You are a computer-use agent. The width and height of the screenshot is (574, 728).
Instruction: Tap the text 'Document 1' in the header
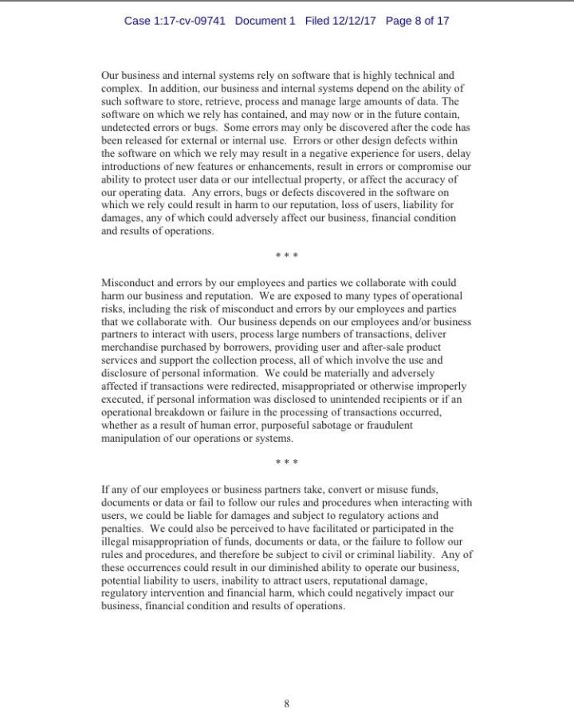[265, 21]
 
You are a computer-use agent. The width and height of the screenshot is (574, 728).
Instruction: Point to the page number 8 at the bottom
[286, 703]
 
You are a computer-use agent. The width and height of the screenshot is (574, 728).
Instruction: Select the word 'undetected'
[127, 127]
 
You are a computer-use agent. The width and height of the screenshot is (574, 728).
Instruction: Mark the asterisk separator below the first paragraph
[286, 257]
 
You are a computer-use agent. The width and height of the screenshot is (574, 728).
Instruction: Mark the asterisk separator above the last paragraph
[286, 463]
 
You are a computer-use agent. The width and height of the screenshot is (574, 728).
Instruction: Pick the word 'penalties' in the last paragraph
[122, 528]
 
